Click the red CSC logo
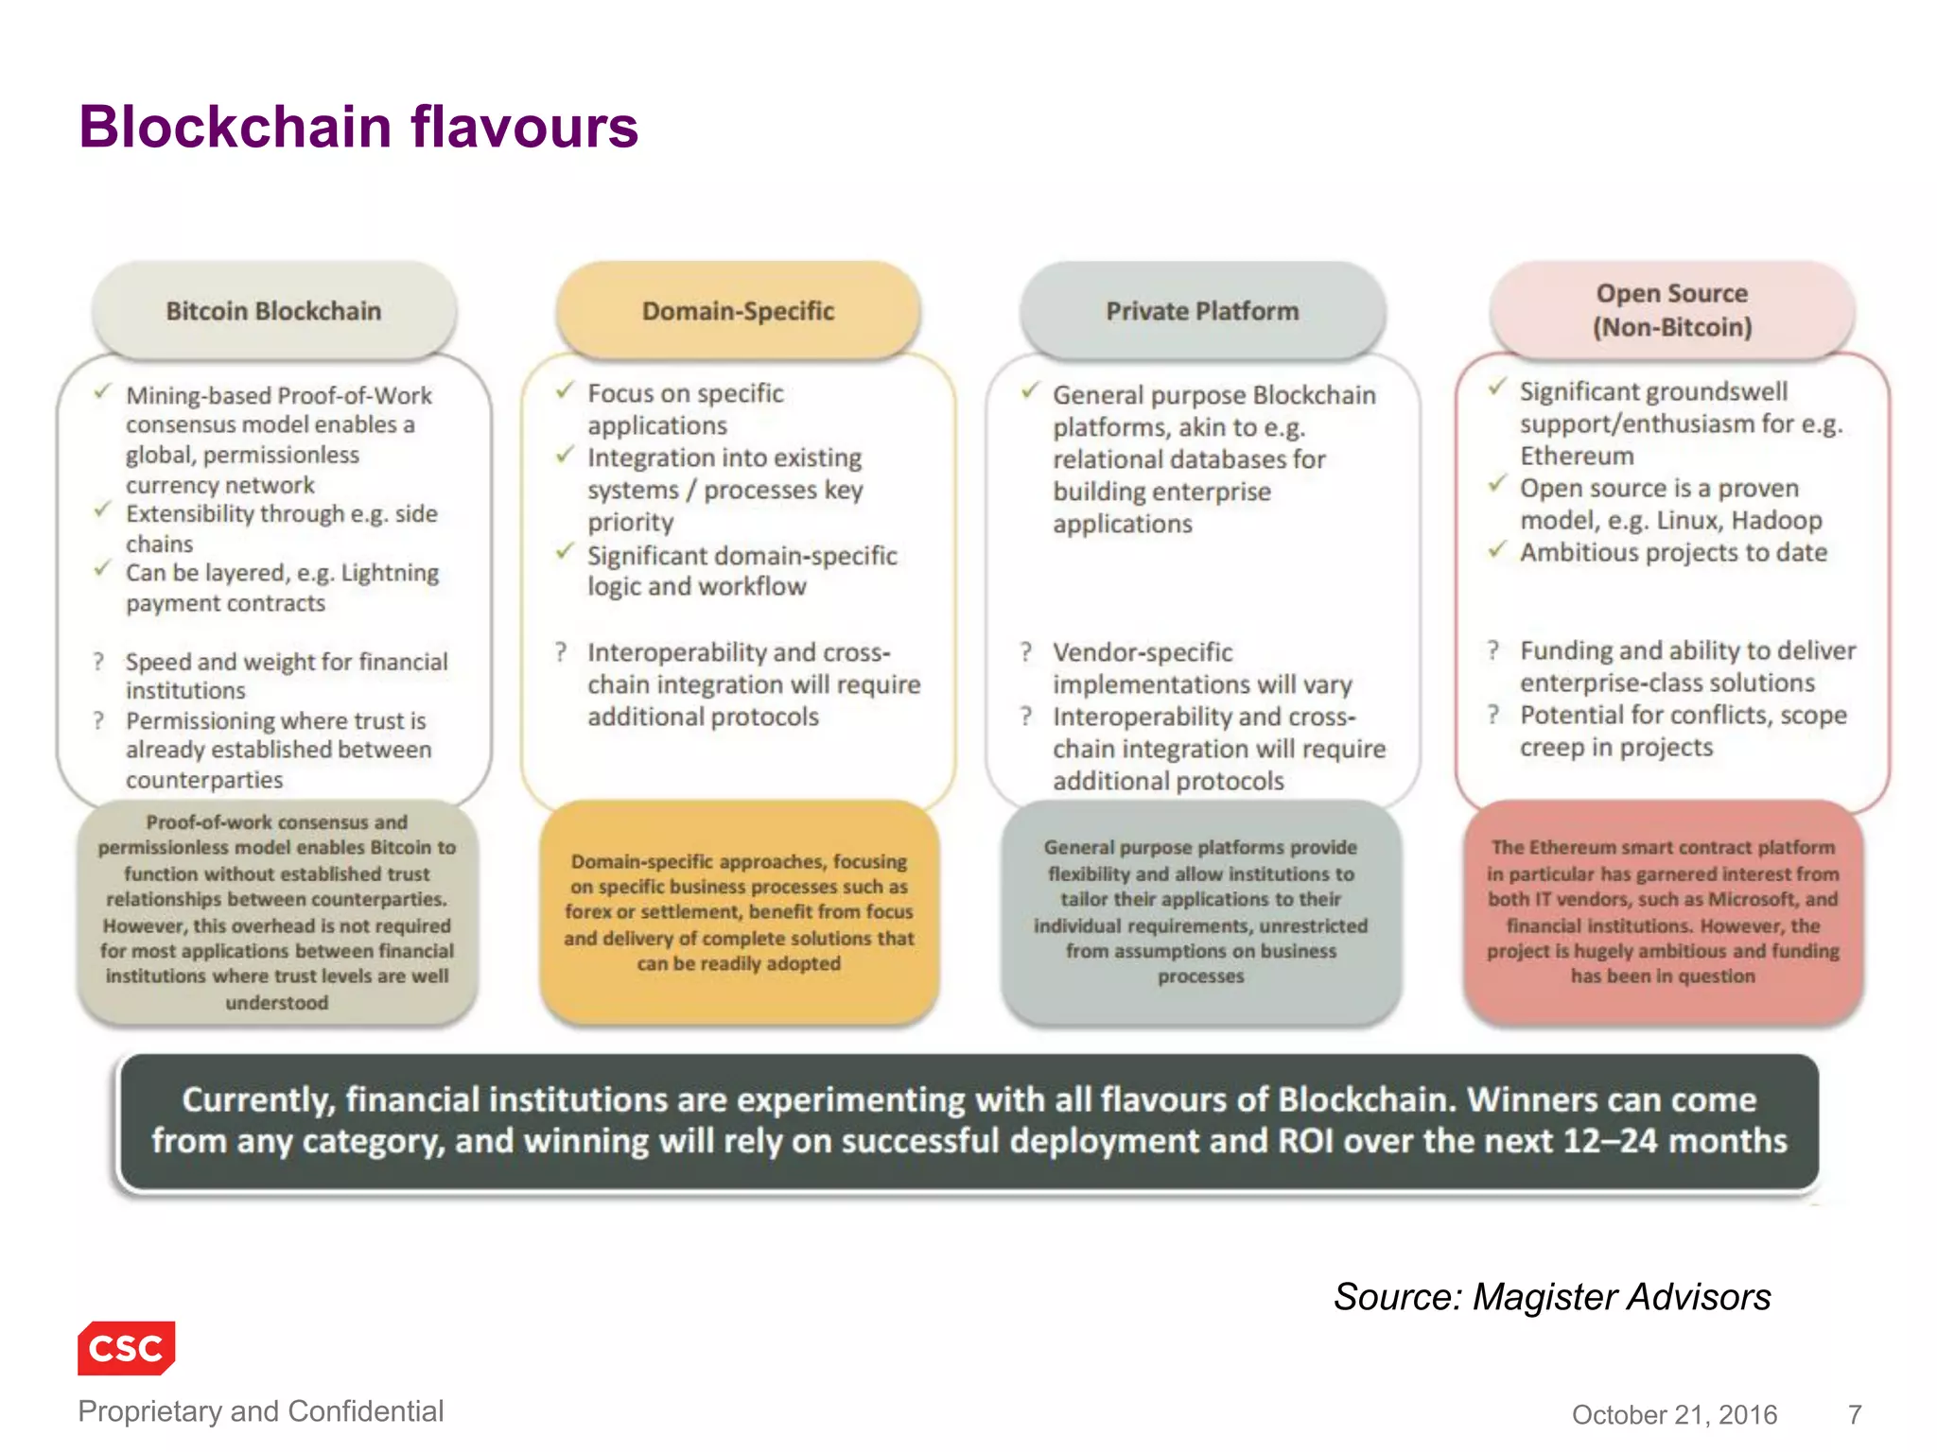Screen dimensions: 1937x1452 127,1347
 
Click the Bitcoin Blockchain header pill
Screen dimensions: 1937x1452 274,311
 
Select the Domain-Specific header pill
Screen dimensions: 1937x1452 739,311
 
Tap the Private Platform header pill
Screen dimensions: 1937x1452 1203,311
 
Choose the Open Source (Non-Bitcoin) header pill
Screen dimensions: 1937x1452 1672,310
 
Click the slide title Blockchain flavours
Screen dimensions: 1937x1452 358,127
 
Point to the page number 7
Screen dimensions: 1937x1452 1855,1414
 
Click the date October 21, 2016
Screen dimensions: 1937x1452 1674,1414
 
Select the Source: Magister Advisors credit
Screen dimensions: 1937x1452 1552,1297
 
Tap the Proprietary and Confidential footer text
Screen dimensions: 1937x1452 260,1410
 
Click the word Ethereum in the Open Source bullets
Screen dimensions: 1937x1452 1577,456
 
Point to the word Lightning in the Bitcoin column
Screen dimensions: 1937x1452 390,573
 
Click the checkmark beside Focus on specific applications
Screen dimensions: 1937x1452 565,390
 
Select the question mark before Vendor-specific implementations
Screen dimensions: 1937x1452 1026,651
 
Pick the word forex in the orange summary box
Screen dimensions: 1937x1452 587,912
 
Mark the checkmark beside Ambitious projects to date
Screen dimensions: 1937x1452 1497,550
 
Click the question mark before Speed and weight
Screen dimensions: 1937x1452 98,662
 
